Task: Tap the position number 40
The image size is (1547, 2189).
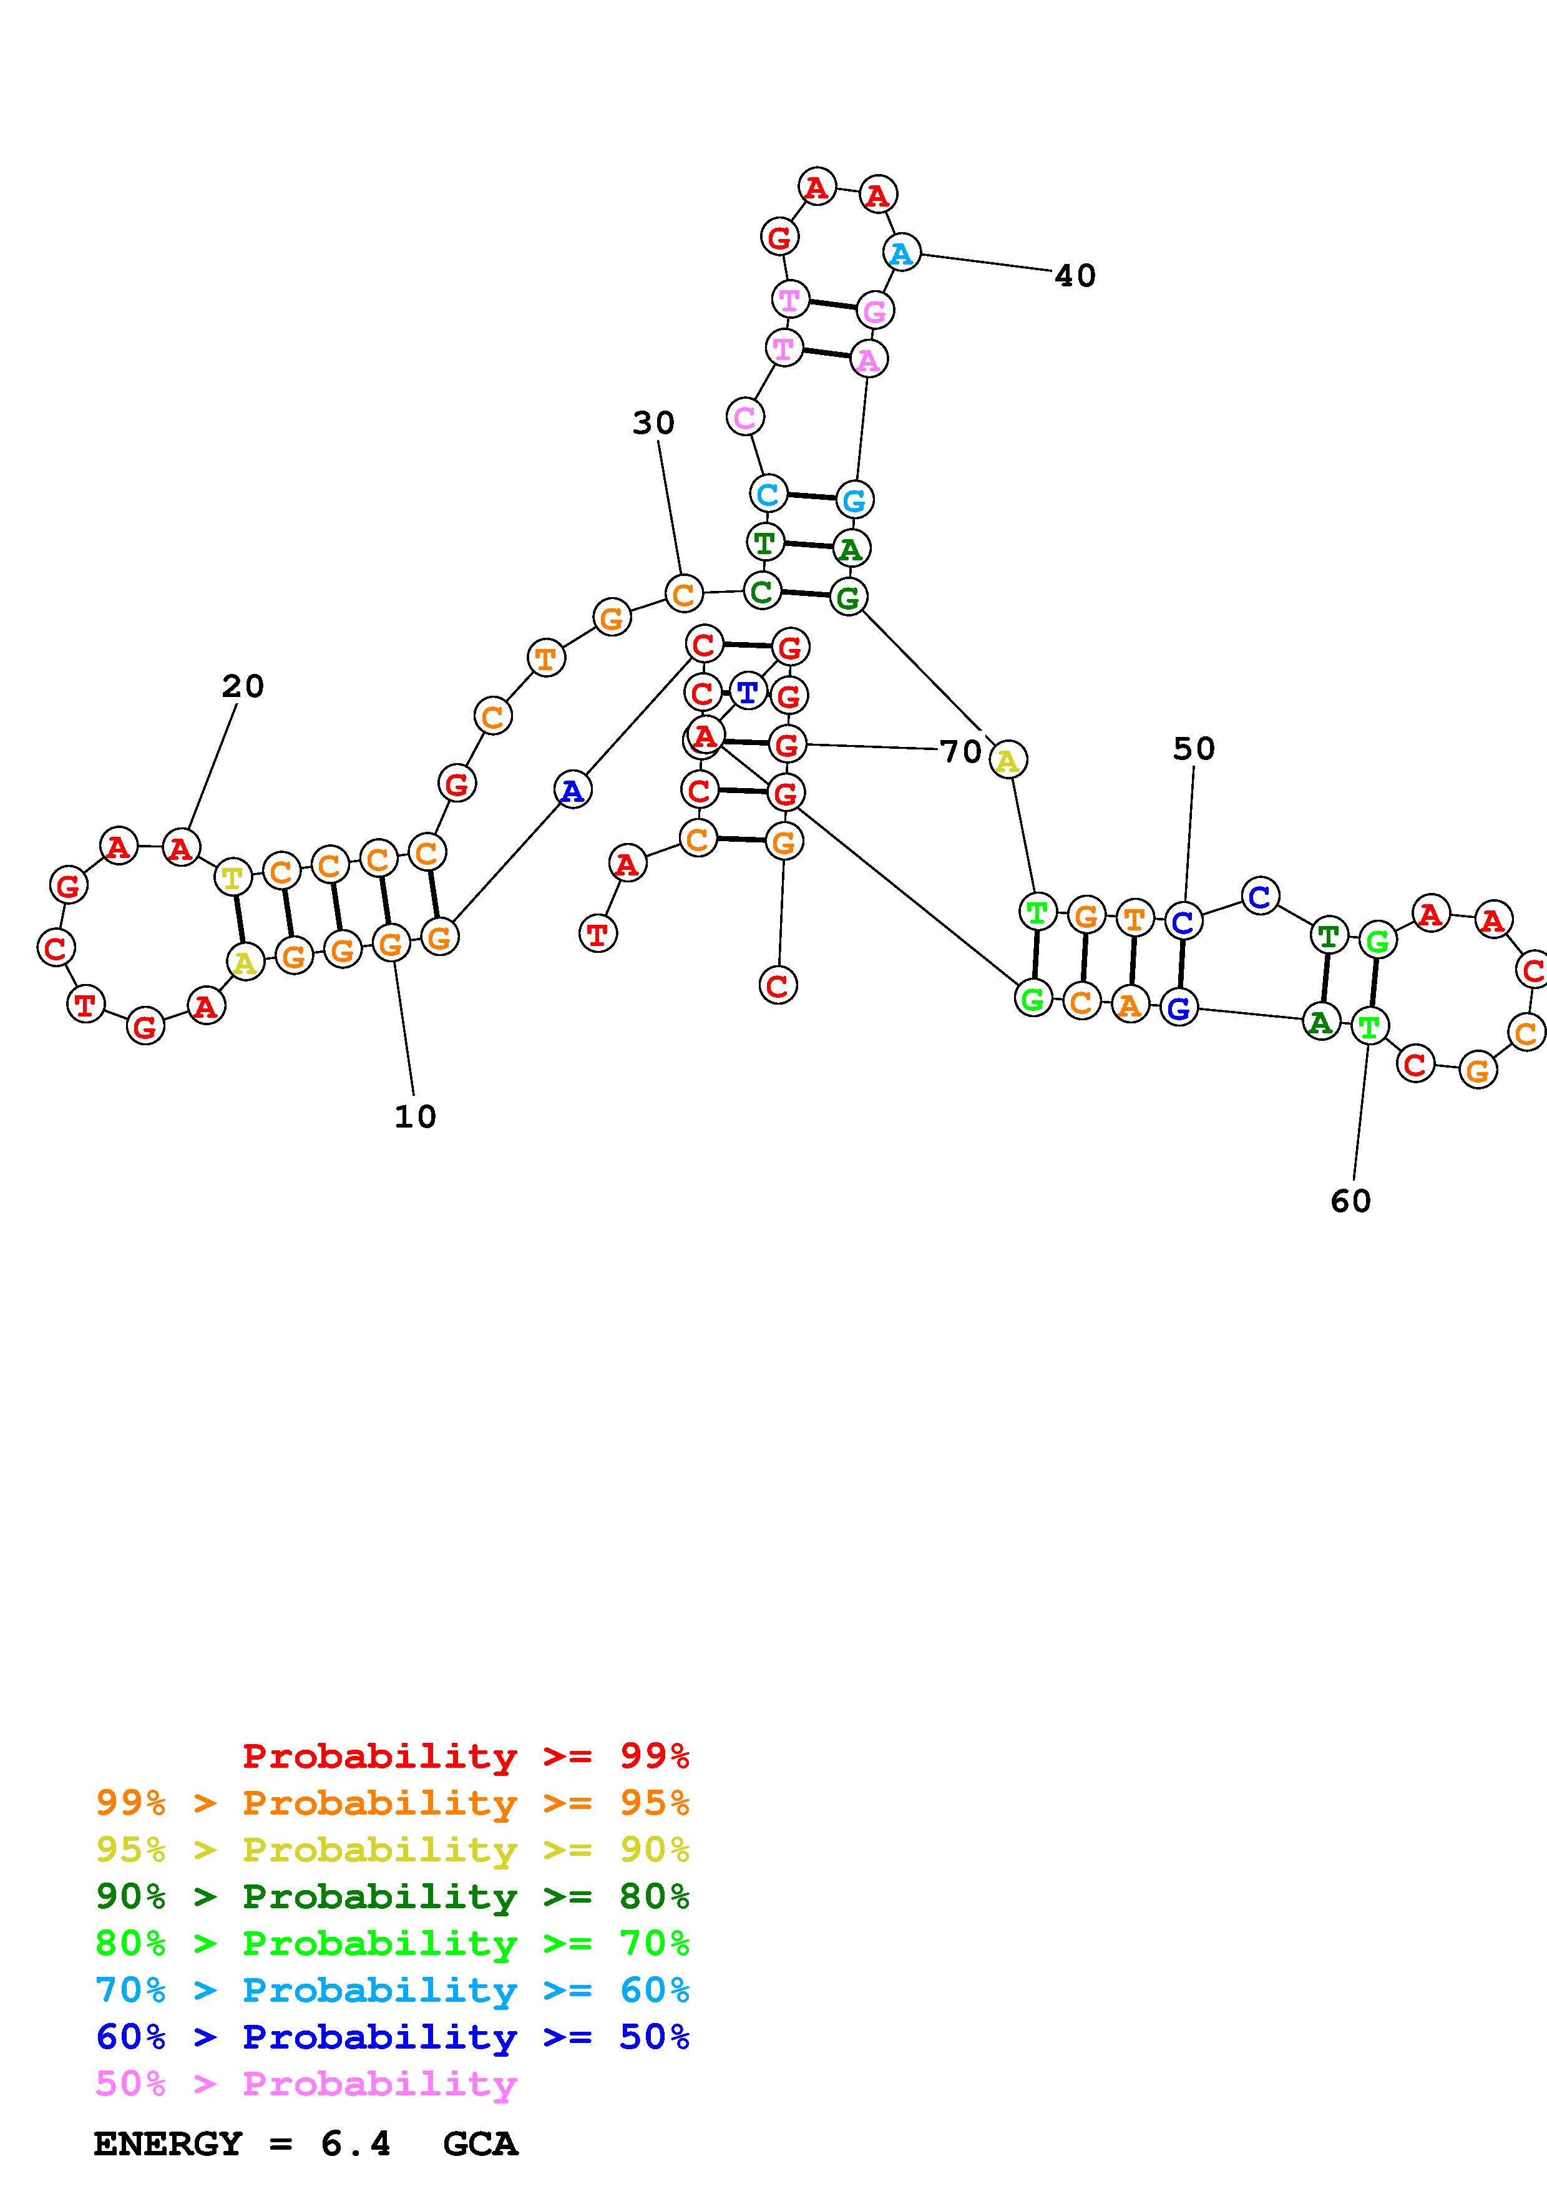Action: tap(1075, 276)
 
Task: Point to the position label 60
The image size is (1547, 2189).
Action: tap(1350, 1201)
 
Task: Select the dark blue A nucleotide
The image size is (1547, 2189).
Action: tap(572, 791)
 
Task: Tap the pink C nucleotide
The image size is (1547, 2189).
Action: tap(744, 417)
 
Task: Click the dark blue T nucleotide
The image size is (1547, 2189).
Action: tap(748, 691)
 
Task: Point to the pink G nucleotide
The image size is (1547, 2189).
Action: tap(874, 311)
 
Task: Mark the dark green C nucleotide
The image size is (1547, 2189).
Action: tap(761, 592)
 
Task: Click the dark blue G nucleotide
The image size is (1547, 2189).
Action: tap(1179, 1008)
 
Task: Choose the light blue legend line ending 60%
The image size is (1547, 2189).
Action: tap(393, 1991)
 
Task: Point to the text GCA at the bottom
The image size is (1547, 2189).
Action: tap(481, 2144)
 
